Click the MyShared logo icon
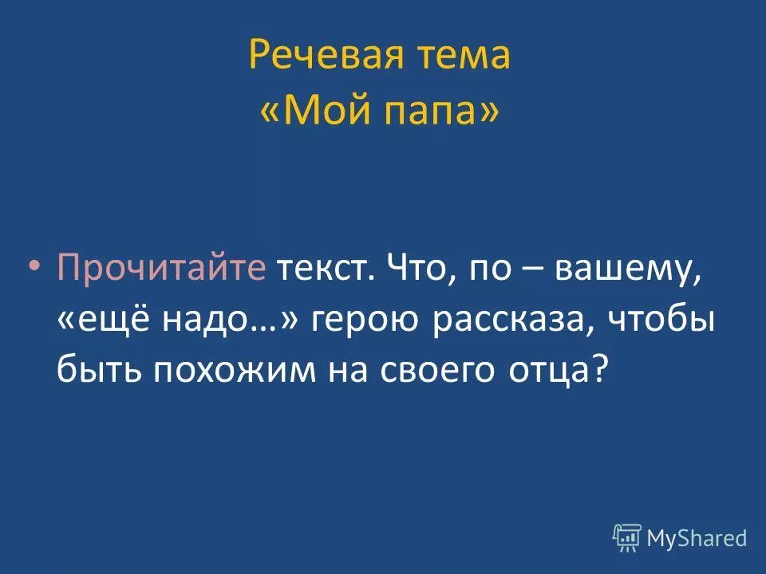tap(626, 537)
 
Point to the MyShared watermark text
tap(697, 539)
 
